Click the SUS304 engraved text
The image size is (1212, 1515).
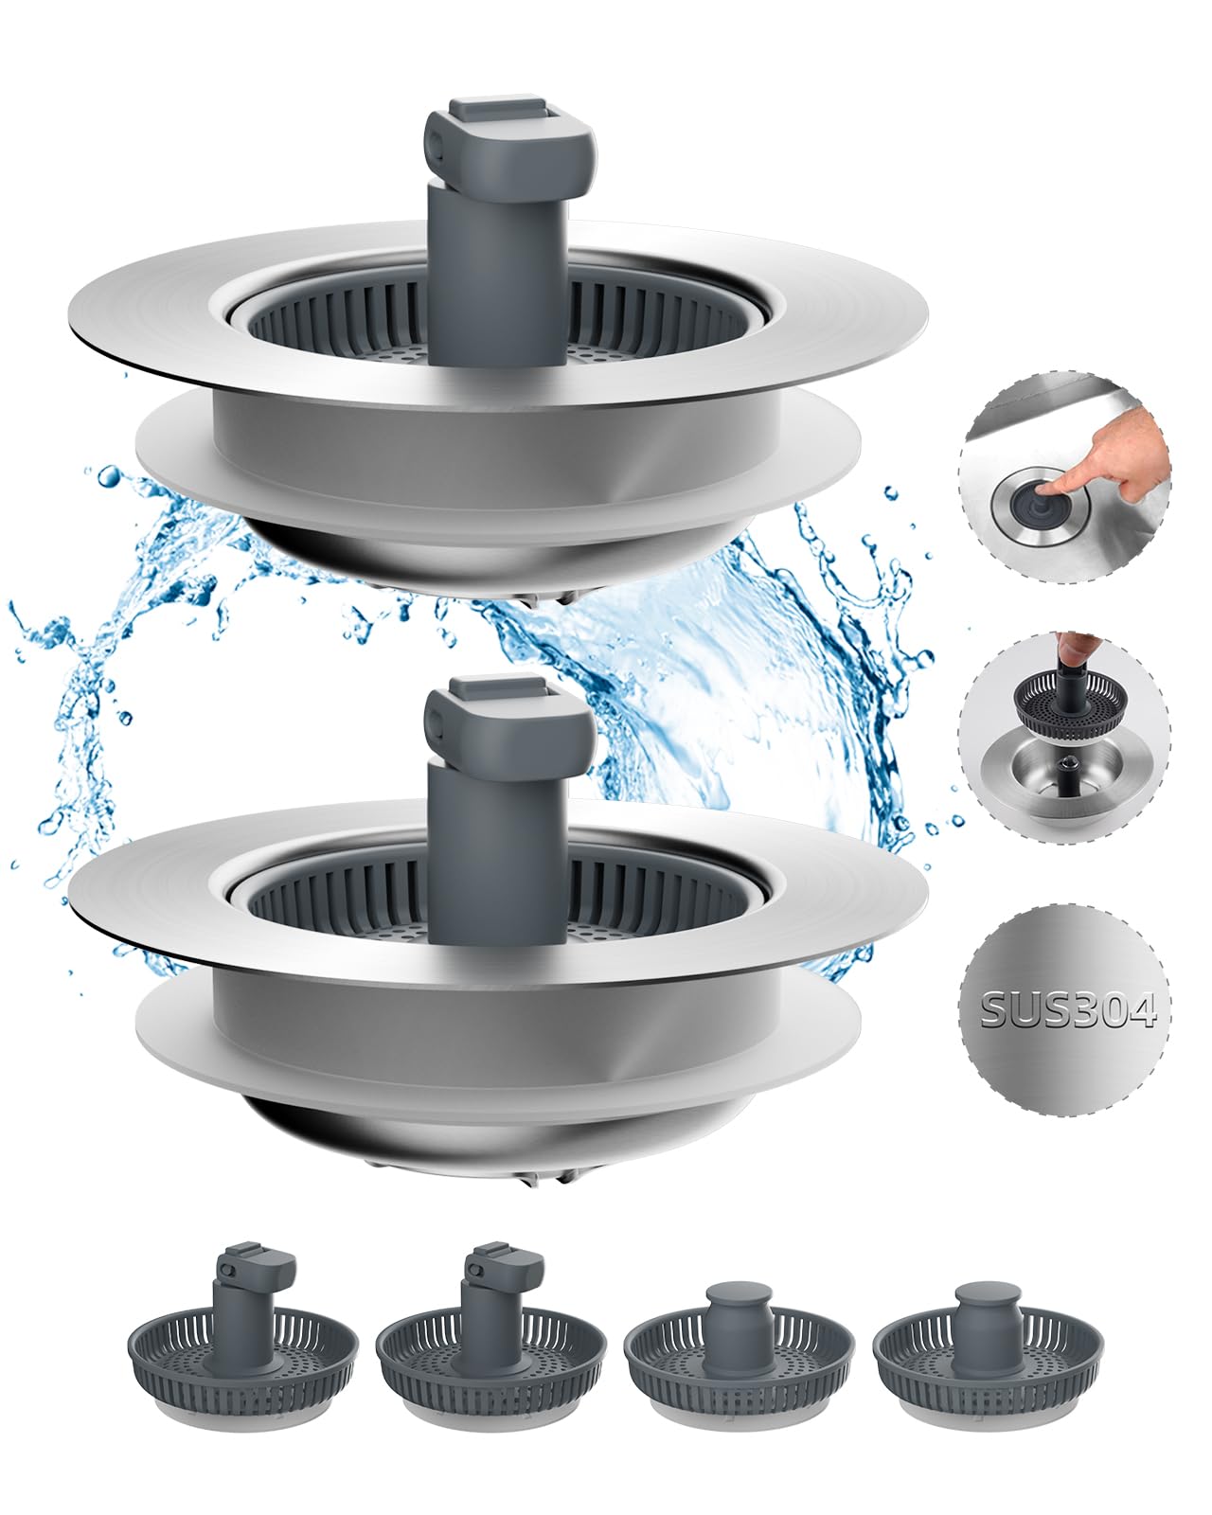coord(1067,1010)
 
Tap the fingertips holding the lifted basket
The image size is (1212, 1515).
coord(1070,647)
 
